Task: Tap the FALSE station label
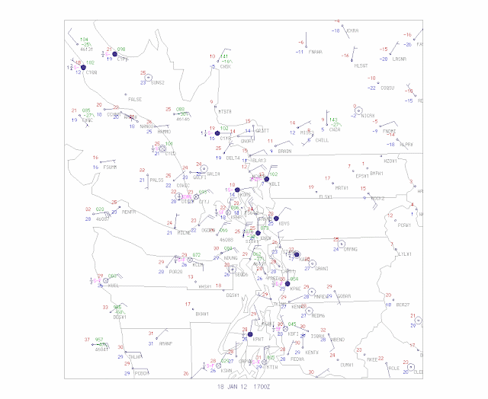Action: (x=134, y=99)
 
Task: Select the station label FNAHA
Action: (x=315, y=52)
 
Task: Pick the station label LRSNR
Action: (x=399, y=59)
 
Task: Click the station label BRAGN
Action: (x=284, y=151)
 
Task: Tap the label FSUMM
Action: (x=110, y=167)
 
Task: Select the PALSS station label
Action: (x=157, y=180)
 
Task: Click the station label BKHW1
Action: (x=202, y=313)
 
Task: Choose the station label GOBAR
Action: (x=344, y=295)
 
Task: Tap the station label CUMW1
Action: (x=348, y=365)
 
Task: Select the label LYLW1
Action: (x=404, y=254)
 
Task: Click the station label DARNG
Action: (x=351, y=249)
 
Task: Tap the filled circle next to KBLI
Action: (x=266, y=179)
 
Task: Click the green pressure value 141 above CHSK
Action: (x=224, y=57)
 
